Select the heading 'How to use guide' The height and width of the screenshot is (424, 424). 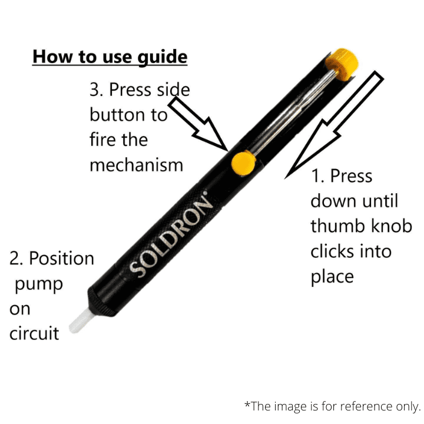click(x=110, y=57)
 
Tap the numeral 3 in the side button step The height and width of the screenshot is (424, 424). click(x=96, y=90)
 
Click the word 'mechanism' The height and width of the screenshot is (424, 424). click(x=136, y=165)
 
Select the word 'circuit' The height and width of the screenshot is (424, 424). click(x=34, y=334)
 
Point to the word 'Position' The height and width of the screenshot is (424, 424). click(x=61, y=259)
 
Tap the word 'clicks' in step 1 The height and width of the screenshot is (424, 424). click(x=334, y=251)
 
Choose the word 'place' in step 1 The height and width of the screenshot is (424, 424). click(x=332, y=277)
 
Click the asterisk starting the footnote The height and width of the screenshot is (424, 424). click(x=247, y=405)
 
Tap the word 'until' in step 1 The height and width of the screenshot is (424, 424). click(x=379, y=201)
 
